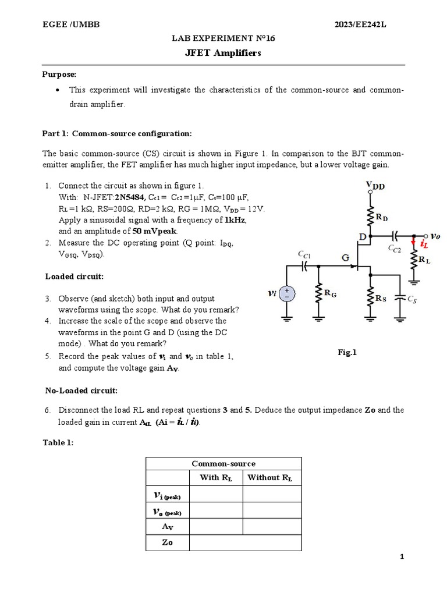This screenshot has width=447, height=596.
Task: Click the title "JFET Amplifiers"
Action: pyautogui.click(x=223, y=53)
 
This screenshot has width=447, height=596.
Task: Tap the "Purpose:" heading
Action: pyautogui.click(x=59, y=74)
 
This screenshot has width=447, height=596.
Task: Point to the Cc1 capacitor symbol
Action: pyautogui.click(x=304, y=265)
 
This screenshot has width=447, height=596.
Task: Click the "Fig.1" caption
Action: pyautogui.click(x=347, y=352)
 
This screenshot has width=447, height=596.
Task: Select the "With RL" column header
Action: pyautogui.click(x=216, y=478)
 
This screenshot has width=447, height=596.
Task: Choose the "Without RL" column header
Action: pyautogui.click(x=271, y=478)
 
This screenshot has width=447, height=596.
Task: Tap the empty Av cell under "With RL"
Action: pyautogui.click(x=216, y=527)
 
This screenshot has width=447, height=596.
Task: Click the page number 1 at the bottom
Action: pyautogui.click(x=402, y=557)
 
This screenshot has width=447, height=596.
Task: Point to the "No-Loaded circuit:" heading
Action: pyautogui.click(x=81, y=390)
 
